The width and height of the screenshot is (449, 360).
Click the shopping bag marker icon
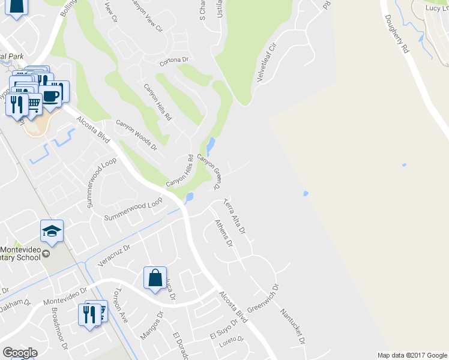[x=155, y=278]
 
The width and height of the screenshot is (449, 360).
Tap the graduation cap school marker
[x=52, y=231]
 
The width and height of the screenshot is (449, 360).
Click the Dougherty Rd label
[x=398, y=34]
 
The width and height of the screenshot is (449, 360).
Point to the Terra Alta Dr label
[x=235, y=216]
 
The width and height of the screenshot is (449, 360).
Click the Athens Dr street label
[x=223, y=233]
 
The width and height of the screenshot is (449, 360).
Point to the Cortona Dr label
[x=174, y=61]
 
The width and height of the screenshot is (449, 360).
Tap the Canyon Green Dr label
[x=210, y=170]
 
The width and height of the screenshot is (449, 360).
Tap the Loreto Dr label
[x=232, y=339]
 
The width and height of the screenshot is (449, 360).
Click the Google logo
[x=20, y=353]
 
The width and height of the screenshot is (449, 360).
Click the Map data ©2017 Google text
[x=412, y=355]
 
